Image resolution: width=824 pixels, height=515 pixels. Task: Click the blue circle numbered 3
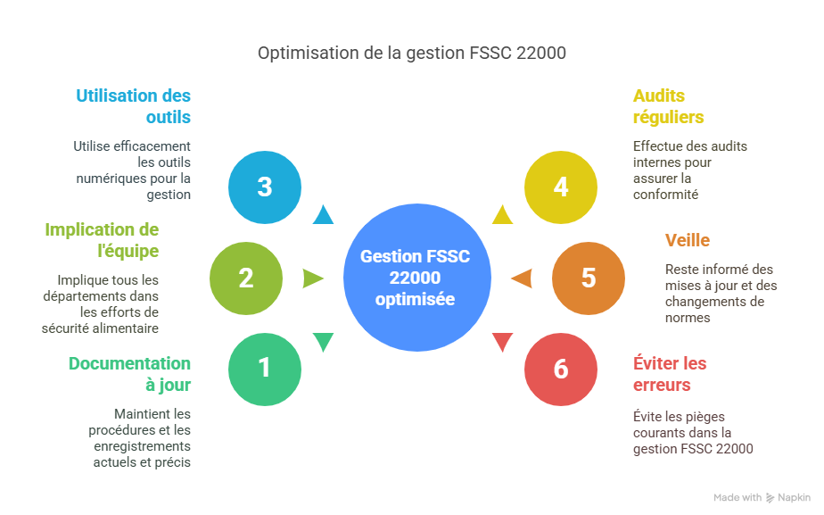click(265, 187)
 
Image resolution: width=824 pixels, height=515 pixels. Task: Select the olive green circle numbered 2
click(246, 278)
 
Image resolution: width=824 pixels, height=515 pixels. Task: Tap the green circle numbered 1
click(265, 368)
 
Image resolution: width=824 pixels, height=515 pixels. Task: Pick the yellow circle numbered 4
click(560, 187)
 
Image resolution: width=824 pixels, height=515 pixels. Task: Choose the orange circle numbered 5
click(589, 278)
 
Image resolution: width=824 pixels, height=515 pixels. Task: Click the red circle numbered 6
click(560, 368)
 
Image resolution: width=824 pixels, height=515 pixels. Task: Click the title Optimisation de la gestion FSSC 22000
click(412, 54)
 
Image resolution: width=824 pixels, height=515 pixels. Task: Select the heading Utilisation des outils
click(133, 106)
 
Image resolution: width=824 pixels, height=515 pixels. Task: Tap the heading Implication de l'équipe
click(102, 240)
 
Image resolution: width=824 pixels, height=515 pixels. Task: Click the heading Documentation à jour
click(129, 374)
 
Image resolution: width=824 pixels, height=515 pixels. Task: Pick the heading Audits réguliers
click(669, 106)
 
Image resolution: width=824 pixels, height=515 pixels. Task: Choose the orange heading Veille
click(688, 240)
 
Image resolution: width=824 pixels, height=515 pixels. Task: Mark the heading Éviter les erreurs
click(670, 374)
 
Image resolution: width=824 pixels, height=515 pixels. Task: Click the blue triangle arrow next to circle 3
click(323, 215)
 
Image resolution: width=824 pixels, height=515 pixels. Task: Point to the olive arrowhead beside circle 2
click(313, 278)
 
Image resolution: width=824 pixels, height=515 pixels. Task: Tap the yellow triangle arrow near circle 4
click(502, 215)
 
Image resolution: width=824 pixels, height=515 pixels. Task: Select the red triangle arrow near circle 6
click(502, 341)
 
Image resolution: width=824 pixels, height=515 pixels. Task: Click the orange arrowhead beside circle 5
click(521, 278)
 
